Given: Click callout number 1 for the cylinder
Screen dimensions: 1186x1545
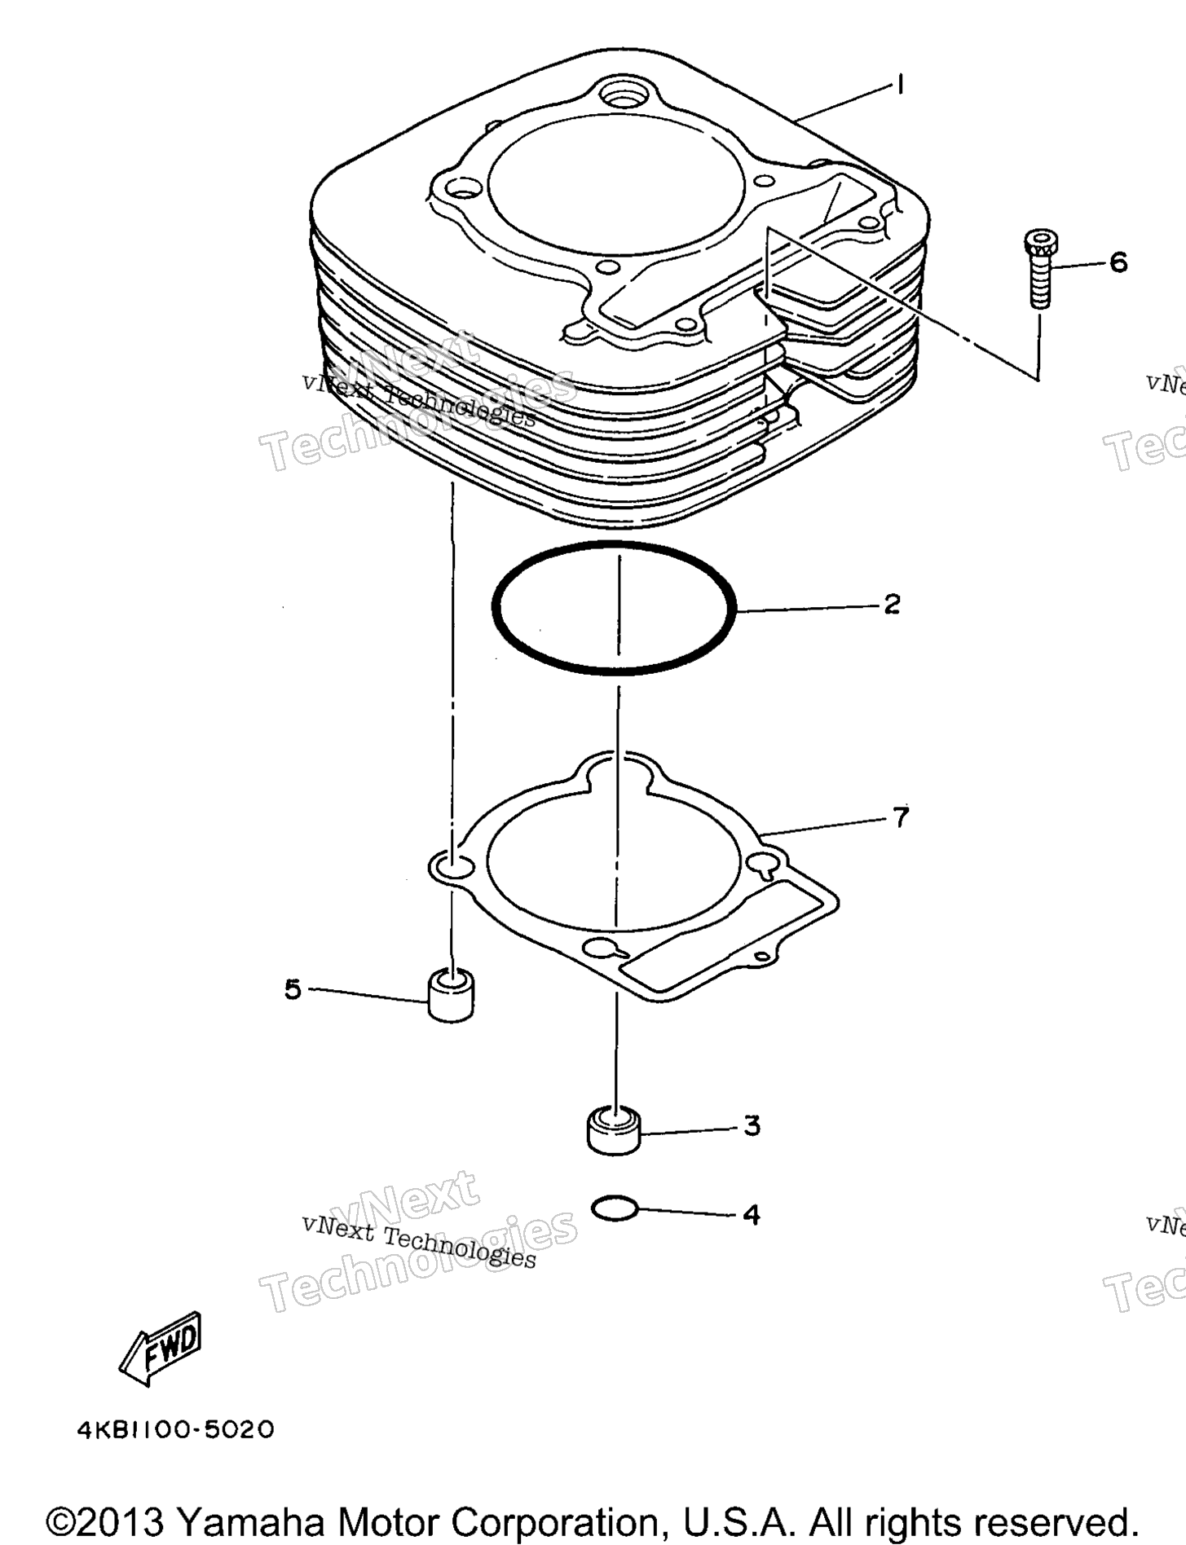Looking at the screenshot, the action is (900, 85).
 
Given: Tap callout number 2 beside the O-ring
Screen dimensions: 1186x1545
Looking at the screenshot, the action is (892, 604).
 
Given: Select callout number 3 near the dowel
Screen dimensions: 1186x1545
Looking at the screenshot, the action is (752, 1125).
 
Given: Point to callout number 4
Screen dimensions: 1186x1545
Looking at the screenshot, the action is (752, 1215).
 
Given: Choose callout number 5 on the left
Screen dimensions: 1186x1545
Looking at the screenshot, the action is (293, 990).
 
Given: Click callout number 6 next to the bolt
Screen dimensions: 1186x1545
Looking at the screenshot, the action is (1118, 262).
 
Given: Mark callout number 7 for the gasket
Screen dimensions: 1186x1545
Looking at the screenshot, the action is (900, 817).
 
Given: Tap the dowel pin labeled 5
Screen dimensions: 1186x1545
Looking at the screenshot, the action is (451, 994).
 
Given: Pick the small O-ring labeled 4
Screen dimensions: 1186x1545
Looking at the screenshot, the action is (615, 1209).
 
